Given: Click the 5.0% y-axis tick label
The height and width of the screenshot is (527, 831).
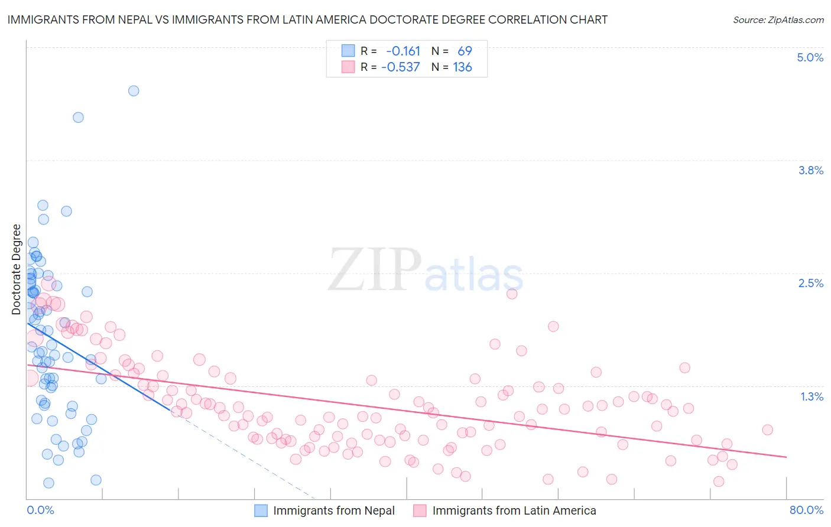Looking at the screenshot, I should [x=810, y=57].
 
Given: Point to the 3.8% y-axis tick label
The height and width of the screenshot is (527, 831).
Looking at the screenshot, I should [x=810, y=170].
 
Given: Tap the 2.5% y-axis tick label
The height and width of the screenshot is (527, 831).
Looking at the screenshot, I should [x=810, y=283].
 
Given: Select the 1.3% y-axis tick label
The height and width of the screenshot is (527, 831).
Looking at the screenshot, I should [x=811, y=396].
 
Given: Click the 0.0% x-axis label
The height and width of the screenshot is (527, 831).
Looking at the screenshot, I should [x=40, y=510].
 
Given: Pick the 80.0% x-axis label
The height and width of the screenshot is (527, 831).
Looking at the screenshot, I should [x=806, y=510].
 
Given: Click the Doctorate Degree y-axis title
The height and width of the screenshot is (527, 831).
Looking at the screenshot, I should [x=17, y=269].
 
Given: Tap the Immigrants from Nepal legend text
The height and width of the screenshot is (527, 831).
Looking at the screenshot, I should [x=334, y=510].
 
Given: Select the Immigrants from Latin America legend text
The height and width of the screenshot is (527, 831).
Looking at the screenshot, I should [x=514, y=510].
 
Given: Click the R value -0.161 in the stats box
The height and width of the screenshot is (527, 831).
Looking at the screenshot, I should [x=403, y=51].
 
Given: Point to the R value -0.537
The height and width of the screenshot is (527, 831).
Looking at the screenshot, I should [x=400, y=67].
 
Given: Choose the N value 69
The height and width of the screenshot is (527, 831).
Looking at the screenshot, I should [x=465, y=51].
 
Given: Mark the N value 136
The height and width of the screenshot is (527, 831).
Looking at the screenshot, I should [x=462, y=67].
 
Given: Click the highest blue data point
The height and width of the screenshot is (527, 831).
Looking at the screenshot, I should [x=134, y=91].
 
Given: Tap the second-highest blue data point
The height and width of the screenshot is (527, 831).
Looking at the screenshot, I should [x=78, y=117].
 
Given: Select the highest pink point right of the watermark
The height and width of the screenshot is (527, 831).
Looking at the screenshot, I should [x=512, y=294].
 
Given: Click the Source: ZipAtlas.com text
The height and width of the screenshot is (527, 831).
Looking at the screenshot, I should [x=778, y=20].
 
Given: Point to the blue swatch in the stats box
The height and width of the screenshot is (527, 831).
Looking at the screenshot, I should [x=348, y=51].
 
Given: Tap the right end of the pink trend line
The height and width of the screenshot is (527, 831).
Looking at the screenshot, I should [x=786, y=457].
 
